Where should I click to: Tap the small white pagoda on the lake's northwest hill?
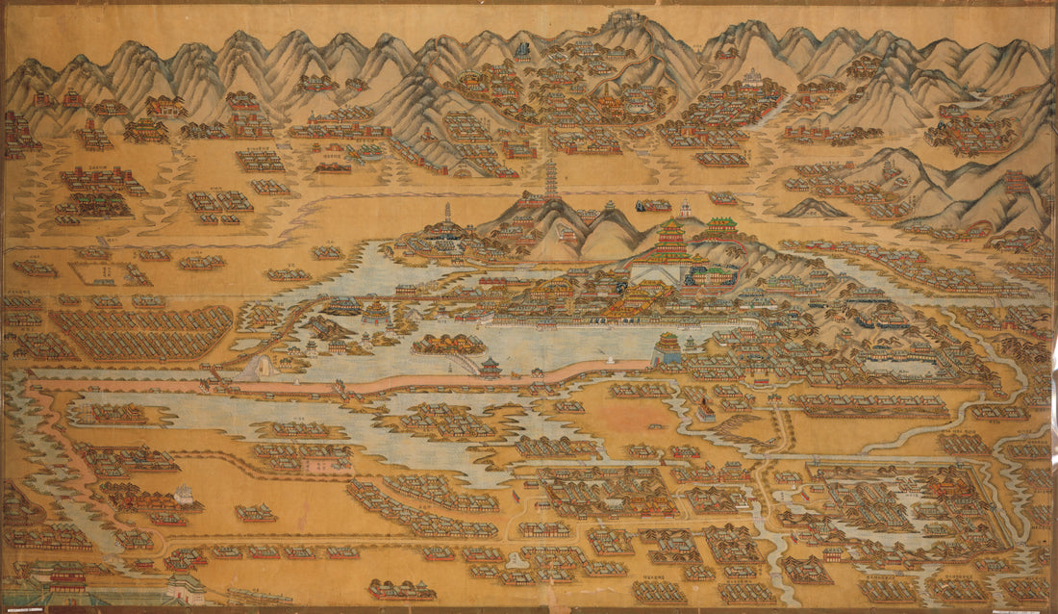446,214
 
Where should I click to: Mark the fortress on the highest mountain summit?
626,19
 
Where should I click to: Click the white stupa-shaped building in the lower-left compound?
183,495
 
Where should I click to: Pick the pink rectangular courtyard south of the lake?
316,465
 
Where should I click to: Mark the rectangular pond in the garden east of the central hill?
894,365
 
